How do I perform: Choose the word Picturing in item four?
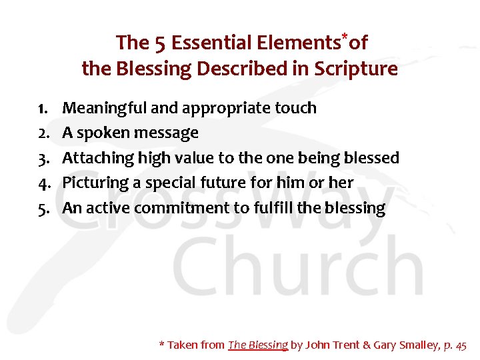pyautogui.click(x=95, y=183)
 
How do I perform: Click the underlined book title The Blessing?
pyautogui.click(x=258, y=345)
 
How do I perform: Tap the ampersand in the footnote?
pyautogui.click(x=365, y=345)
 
